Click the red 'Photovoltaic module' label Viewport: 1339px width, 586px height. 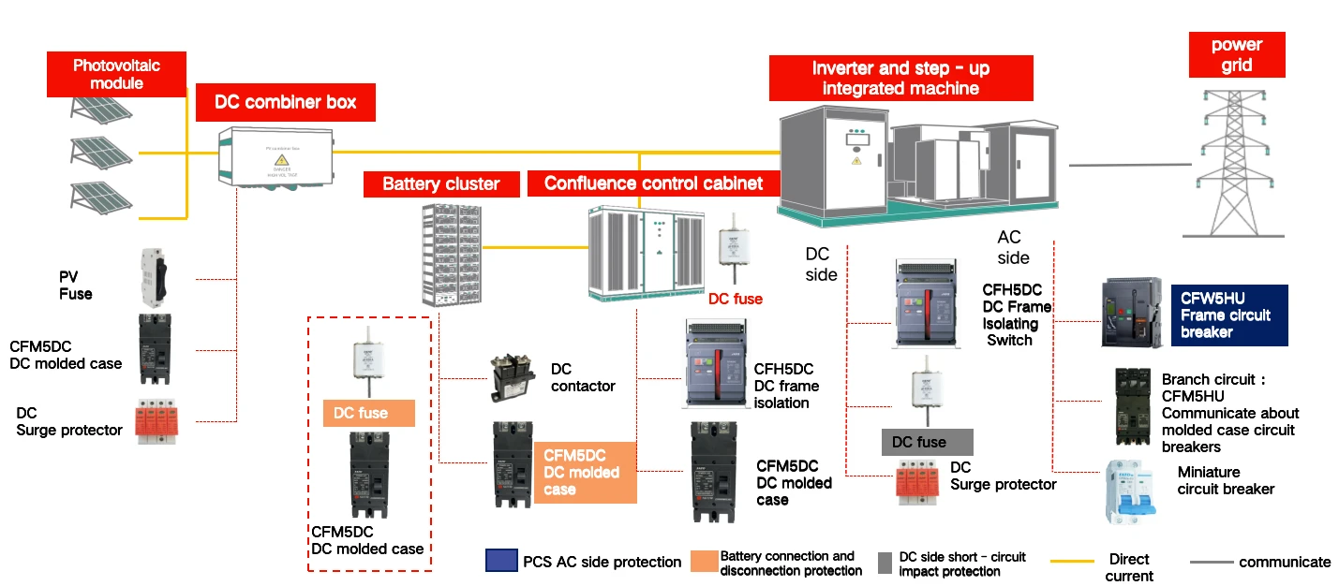(117, 74)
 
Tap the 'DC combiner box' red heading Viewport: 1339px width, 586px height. (286, 102)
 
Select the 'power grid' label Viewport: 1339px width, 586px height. (1236, 55)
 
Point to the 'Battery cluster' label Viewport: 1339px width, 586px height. (441, 183)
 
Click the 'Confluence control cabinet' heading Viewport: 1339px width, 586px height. (653, 183)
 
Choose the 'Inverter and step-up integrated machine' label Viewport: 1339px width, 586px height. (900, 79)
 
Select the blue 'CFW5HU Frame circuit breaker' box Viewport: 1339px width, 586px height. (1229, 315)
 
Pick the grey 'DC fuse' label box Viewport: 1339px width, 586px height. (927, 442)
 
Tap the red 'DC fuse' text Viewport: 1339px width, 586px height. (736, 300)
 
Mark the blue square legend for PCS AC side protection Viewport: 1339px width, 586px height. (500, 561)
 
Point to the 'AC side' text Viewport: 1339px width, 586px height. (1012, 247)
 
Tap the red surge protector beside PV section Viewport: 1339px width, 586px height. (158, 422)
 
